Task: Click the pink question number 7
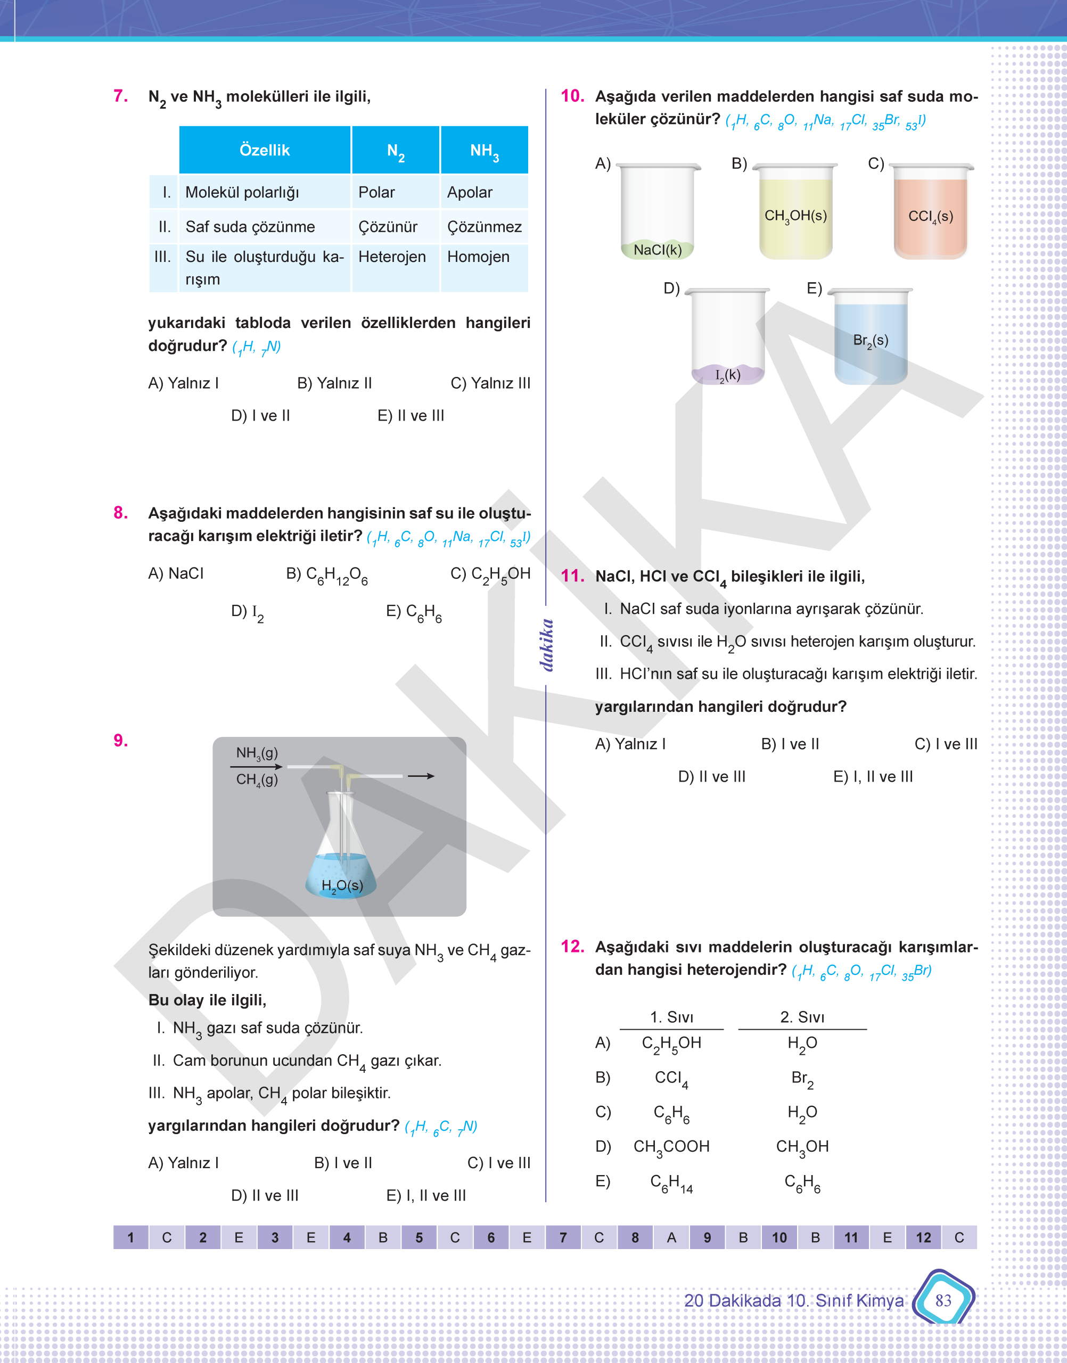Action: [x=120, y=96]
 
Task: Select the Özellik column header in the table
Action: [x=264, y=150]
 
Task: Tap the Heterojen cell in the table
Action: [x=392, y=257]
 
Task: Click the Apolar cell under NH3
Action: [x=470, y=192]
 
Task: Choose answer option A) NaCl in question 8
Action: [x=176, y=573]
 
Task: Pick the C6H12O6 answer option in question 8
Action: [x=327, y=574]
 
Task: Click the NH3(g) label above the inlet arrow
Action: [x=257, y=753]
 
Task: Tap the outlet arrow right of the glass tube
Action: [x=421, y=776]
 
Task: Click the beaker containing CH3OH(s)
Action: [x=795, y=212]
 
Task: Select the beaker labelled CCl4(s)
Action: [x=930, y=212]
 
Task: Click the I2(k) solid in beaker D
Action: [x=728, y=374]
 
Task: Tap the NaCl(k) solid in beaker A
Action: [x=657, y=249]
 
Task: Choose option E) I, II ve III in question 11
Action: [x=873, y=776]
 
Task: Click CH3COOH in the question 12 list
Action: [x=671, y=1146]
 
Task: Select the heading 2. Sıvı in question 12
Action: [x=802, y=1017]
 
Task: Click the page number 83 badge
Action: [x=943, y=1300]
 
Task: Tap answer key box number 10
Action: [x=779, y=1237]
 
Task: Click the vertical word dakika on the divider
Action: [x=547, y=645]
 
